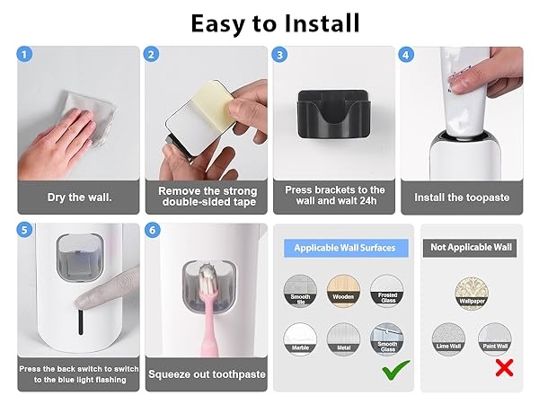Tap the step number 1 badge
(24, 55)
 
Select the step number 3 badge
(280, 55)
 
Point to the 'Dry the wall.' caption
(79, 197)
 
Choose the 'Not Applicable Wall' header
(473, 247)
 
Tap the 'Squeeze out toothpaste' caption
(207, 373)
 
